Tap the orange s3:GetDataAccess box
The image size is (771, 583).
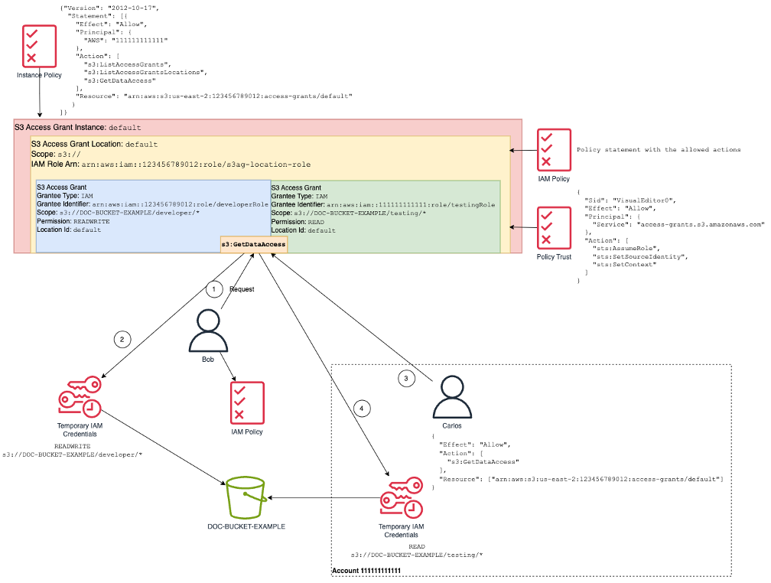coord(254,244)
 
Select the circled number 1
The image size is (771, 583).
coord(215,289)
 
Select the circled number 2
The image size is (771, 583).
coord(120,338)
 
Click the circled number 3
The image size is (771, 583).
coord(407,378)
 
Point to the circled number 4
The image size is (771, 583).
coord(363,409)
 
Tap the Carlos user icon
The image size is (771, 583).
coord(451,396)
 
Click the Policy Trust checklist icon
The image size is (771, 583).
coord(554,227)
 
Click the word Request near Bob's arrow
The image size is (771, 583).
coord(242,290)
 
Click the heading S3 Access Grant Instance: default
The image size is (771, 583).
coord(77,126)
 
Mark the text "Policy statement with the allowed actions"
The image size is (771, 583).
coord(658,150)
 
